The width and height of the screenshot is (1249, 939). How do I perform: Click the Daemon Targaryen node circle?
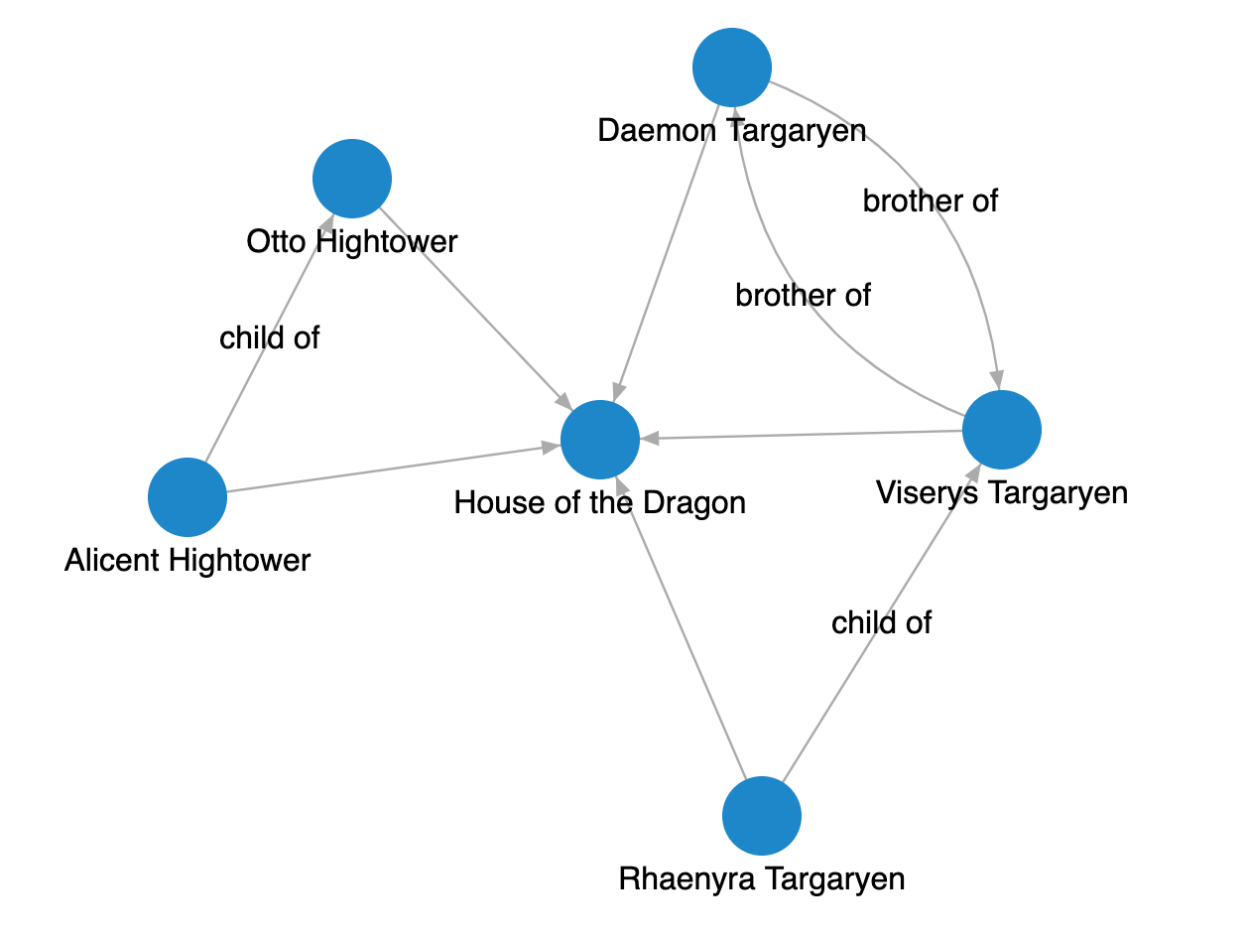click(x=732, y=67)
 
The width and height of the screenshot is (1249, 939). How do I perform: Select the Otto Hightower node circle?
click(x=352, y=179)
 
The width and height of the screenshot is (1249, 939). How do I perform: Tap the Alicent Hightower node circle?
click(x=187, y=496)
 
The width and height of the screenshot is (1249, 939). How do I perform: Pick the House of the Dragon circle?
click(x=600, y=441)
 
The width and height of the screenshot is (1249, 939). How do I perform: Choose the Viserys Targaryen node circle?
click(x=1002, y=430)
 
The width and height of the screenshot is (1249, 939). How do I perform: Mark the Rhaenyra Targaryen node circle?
click(x=762, y=816)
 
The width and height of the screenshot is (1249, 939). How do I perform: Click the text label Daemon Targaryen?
click(x=732, y=130)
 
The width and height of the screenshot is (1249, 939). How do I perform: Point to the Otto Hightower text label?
click(x=352, y=241)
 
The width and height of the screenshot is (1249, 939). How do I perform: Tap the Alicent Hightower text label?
click(x=187, y=561)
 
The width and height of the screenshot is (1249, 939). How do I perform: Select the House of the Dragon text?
click(x=600, y=503)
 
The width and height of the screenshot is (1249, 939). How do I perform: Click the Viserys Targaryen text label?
click(x=1002, y=492)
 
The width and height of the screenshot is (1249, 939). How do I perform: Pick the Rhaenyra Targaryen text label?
click(x=762, y=879)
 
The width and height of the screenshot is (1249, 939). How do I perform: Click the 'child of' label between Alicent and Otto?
click(x=270, y=337)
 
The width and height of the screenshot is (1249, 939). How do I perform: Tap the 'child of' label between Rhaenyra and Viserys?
click(x=882, y=622)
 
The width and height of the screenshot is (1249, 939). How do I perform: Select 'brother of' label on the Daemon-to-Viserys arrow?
click(x=931, y=201)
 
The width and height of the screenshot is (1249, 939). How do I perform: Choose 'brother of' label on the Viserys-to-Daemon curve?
click(x=804, y=295)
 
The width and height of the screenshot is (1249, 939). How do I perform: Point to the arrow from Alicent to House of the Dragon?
click(x=387, y=469)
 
